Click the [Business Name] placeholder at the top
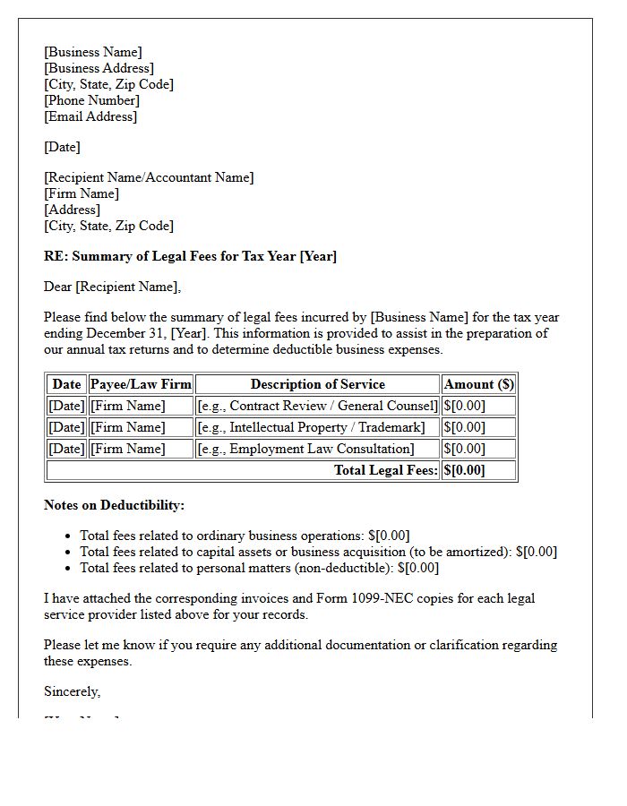click(93, 52)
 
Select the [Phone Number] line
click(91, 100)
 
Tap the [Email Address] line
click(90, 116)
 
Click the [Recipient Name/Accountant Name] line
click(149, 177)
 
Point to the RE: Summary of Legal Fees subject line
click(190, 256)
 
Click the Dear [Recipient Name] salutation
click(112, 287)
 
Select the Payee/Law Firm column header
click(141, 384)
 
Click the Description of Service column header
click(317, 384)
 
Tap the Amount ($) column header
click(479, 384)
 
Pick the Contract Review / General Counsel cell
click(317, 406)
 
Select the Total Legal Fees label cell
click(385, 470)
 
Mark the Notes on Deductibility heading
click(114, 505)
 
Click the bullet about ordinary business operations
click(245, 536)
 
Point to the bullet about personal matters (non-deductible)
click(259, 568)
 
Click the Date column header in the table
click(66, 384)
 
